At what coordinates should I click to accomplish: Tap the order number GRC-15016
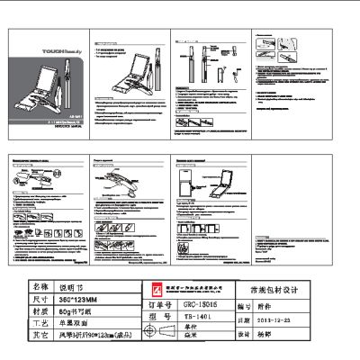[195, 304]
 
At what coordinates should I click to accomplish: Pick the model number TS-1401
[195, 317]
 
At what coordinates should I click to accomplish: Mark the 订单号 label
[157, 304]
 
